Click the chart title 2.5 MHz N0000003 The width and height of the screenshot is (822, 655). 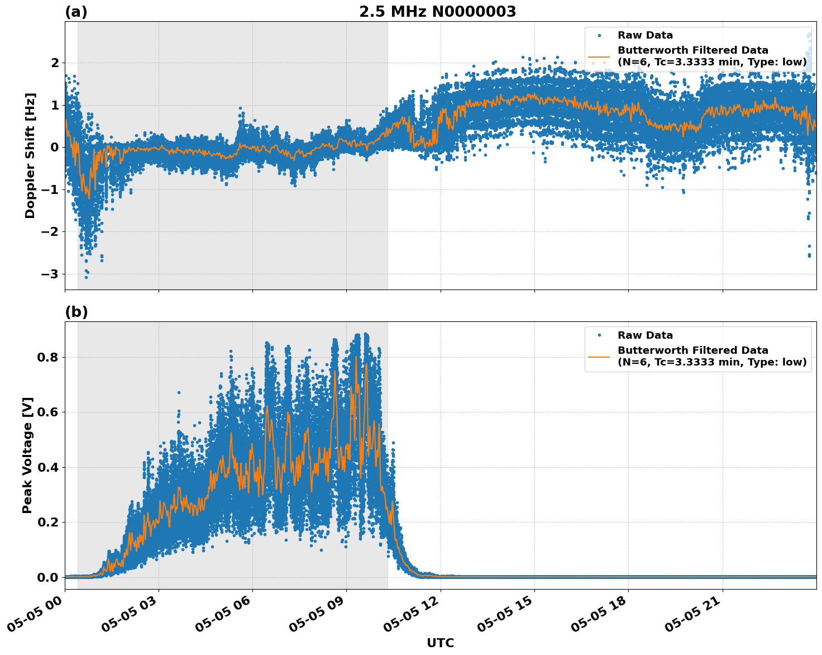[x=437, y=12]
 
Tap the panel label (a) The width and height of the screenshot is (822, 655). [x=76, y=12]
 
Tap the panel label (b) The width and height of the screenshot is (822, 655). [x=76, y=312]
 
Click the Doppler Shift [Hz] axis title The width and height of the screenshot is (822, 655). [x=30, y=155]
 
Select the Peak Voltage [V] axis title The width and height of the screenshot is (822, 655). [x=27, y=455]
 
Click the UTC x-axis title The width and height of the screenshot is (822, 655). [x=440, y=643]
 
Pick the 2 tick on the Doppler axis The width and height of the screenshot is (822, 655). [x=55, y=63]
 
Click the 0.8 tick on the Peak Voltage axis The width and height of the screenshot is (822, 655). [x=47, y=357]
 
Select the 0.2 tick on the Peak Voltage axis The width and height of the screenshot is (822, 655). [x=47, y=523]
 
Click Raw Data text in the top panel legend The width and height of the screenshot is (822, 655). [x=645, y=35]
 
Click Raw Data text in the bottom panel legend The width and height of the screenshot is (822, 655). [x=645, y=335]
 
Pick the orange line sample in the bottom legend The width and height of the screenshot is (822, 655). [x=599, y=356]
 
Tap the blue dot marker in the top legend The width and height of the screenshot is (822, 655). [x=599, y=35]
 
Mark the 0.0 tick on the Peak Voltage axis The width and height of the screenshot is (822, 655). [x=47, y=577]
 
